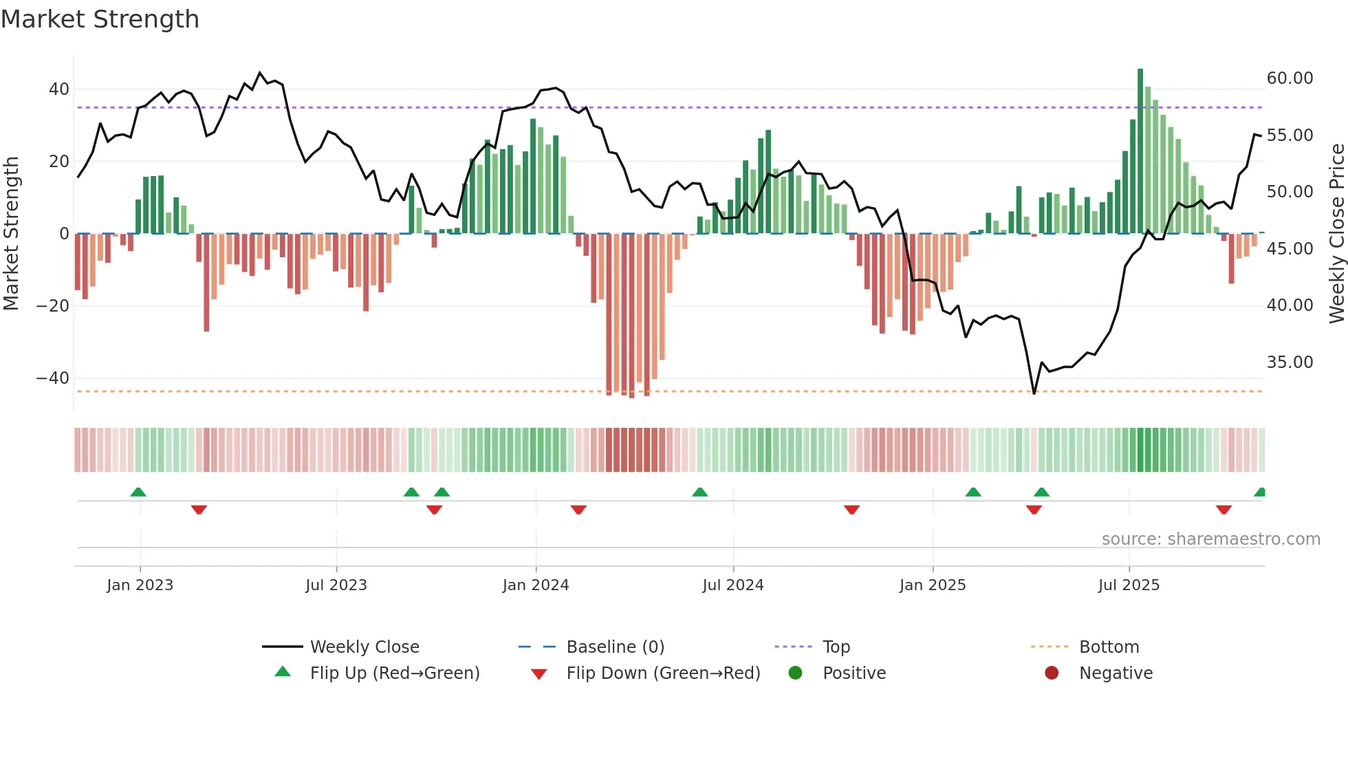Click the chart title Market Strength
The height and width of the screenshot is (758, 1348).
[100, 19]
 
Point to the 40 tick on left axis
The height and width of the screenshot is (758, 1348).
[59, 89]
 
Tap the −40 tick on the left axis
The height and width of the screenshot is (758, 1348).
[54, 378]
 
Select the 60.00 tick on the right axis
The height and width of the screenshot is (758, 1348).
[1290, 78]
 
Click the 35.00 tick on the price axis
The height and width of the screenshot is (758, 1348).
[1290, 362]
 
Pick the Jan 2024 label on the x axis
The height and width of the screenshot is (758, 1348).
[536, 585]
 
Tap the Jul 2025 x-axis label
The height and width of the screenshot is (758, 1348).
[1129, 585]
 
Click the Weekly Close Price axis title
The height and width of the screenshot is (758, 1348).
[1336, 234]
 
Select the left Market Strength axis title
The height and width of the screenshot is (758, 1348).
[12, 234]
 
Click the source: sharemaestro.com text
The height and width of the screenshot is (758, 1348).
[1210, 539]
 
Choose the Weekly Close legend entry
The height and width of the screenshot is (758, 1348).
[364, 647]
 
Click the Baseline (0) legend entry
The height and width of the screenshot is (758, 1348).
[615, 647]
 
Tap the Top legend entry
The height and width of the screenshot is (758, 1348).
[836, 647]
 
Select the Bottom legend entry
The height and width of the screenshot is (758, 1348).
[1109, 647]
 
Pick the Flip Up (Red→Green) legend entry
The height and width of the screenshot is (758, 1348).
[394, 673]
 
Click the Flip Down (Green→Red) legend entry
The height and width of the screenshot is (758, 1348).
[663, 673]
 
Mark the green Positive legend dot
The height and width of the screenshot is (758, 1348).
[796, 673]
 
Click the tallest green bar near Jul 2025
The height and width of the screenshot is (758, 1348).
[1140, 151]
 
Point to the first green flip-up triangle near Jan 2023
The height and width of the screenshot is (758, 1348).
[138, 492]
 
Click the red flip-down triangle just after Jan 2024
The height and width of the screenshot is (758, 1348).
[578, 510]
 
